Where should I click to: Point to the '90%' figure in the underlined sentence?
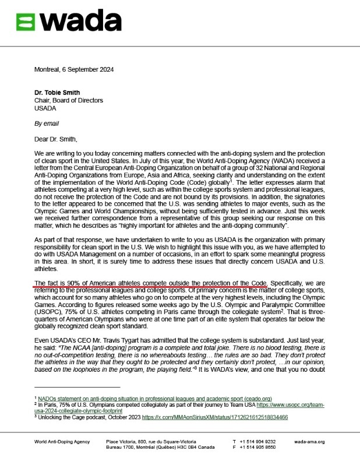[73, 283]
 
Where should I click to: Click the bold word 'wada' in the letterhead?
[80, 22]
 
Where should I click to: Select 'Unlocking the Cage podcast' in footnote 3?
[72, 418]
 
